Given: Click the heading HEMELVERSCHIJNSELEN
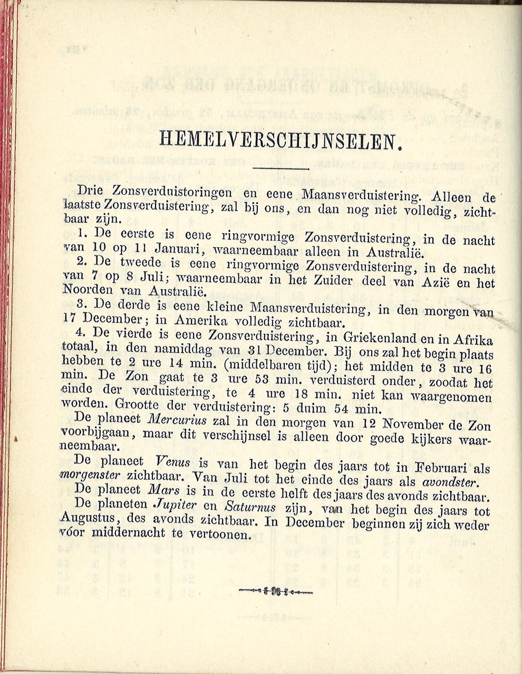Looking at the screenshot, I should click(277, 140).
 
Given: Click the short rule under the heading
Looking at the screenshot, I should click(281, 168).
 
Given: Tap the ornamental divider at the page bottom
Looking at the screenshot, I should click(276, 590).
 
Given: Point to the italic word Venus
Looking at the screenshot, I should click(173, 463).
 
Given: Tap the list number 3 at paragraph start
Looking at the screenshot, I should click(81, 305).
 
